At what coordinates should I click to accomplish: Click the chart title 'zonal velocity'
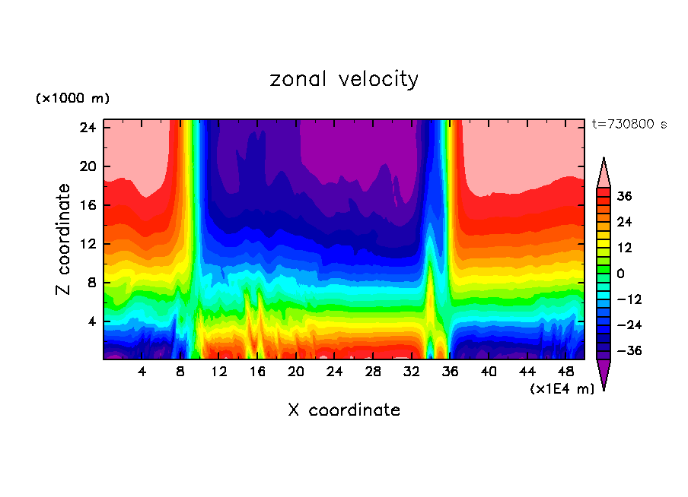pos(344,79)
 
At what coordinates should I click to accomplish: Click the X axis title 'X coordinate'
pos(344,410)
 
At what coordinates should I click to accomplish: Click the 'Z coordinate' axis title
pos(64,239)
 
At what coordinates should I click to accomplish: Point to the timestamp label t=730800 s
pos(629,124)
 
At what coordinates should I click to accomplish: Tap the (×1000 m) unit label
pos(72,99)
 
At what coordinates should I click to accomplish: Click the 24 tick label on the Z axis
pos(87,128)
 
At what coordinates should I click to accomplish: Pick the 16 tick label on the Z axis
pos(87,205)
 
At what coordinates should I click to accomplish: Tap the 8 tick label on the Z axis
pos(91,283)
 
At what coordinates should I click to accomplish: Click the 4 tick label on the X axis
pos(142,372)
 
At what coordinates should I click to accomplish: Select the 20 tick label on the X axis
pos(296,372)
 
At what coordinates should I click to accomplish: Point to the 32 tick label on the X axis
pos(412,372)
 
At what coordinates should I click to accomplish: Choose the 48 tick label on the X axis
pos(565,372)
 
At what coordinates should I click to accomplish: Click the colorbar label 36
pos(625,196)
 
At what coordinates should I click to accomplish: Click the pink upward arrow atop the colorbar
pos(604,173)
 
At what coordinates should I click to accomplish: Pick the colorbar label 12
pos(625,248)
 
